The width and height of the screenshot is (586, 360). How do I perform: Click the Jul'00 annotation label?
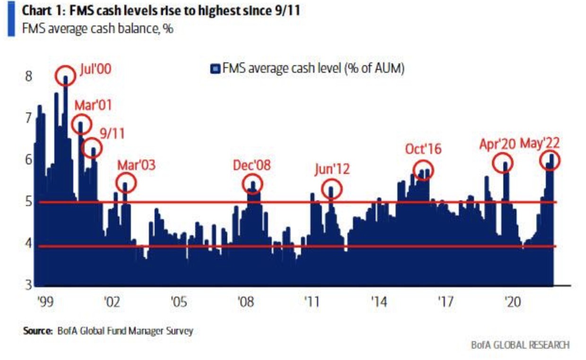pyautogui.click(x=95, y=70)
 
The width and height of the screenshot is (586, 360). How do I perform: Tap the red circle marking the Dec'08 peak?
pyautogui.click(x=253, y=184)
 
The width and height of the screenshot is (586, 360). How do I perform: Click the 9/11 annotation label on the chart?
pyautogui.click(x=112, y=134)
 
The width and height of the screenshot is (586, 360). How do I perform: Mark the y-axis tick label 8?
pyautogui.click(x=28, y=76)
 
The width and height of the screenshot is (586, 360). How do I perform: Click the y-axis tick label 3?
pyautogui.click(x=28, y=285)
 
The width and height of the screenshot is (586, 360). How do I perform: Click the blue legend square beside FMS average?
pyautogui.click(x=215, y=69)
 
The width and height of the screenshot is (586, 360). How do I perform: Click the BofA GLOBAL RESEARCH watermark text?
pyautogui.click(x=520, y=344)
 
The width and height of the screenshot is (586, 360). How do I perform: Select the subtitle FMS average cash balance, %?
pyautogui.click(x=97, y=29)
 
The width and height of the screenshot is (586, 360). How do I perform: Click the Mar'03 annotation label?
pyautogui.click(x=136, y=165)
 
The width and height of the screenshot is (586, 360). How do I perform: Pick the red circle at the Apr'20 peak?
pyautogui.click(x=503, y=163)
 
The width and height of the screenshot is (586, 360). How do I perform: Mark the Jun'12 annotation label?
pyautogui.click(x=332, y=169)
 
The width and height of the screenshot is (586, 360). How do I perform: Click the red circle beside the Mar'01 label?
pyautogui.click(x=81, y=123)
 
